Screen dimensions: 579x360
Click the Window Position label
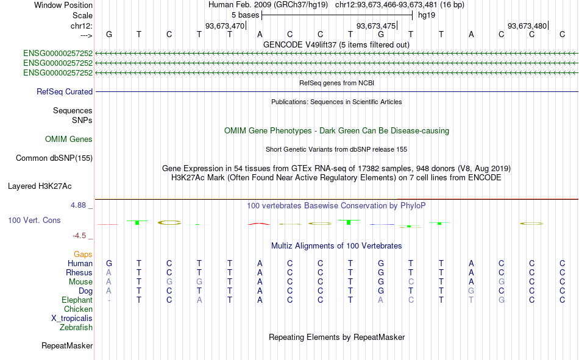63,5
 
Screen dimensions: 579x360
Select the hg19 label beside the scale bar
427,15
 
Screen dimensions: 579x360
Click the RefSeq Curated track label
65,91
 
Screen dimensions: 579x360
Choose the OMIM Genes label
69,139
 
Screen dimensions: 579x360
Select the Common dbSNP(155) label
54,158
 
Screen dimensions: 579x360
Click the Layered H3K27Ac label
40,186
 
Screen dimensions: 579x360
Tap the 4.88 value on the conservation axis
78,205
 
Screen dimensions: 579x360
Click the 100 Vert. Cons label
34,221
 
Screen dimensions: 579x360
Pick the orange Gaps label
83,255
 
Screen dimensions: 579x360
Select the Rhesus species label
79,273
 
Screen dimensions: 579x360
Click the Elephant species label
77,300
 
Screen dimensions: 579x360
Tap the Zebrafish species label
76,328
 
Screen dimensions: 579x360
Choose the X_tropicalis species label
72,319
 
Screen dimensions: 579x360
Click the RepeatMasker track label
67,346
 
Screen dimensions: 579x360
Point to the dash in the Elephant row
109,300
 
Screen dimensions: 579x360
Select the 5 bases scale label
246,15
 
